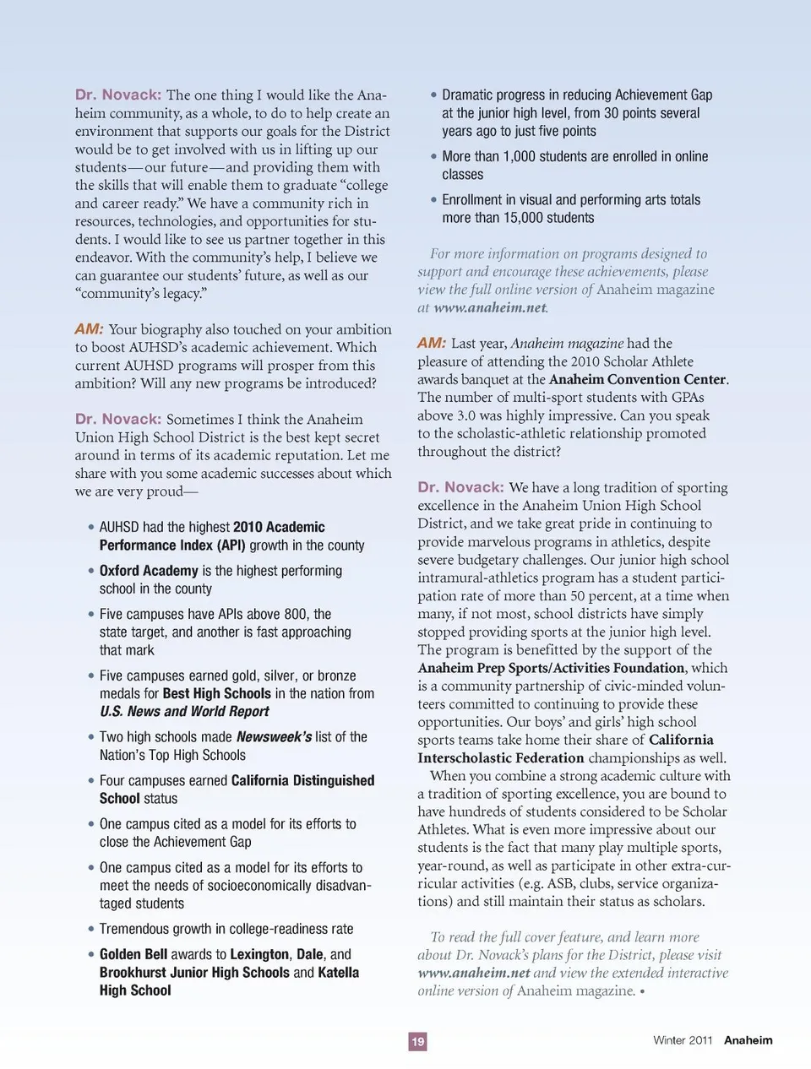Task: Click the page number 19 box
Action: pyautogui.click(x=417, y=1041)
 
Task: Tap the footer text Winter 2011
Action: pyautogui.click(x=683, y=1040)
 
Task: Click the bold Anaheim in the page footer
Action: pyautogui.click(x=748, y=1040)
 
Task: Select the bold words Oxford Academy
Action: pyautogui.click(x=149, y=571)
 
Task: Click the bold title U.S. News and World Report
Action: pyautogui.click(x=184, y=712)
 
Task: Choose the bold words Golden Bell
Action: pyautogui.click(x=133, y=954)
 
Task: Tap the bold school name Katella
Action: pyautogui.click(x=338, y=973)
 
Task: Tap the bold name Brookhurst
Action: pyautogui.click(x=133, y=973)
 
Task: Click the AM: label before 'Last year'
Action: pyautogui.click(x=431, y=343)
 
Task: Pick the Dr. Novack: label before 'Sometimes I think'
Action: pyautogui.click(x=117, y=419)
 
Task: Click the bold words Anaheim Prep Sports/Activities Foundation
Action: pyautogui.click(x=551, y=668)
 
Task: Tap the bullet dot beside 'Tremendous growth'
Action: pyautogui.click(x=90, y=929)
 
